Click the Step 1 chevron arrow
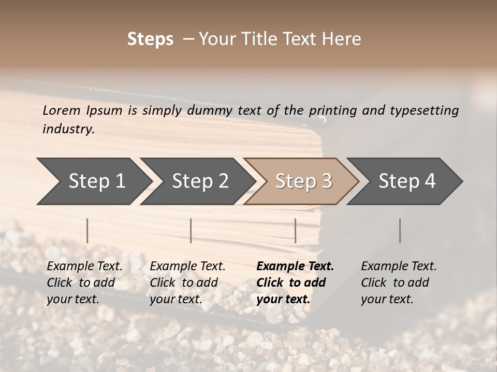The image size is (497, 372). tap(93, 181)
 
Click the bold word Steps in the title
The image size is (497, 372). tap(150, 39)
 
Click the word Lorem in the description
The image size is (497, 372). tap(61, 110)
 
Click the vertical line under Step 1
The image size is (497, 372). tap(87, 230)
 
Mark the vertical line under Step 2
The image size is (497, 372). tap(191, 230)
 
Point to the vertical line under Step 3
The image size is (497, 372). tap(295, 230)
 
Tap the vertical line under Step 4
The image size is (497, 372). tap(400, 230)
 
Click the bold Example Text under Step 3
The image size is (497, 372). tap(295, 266)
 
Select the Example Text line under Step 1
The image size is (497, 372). tap(84, 266)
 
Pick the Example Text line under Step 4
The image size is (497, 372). tap(399, 266)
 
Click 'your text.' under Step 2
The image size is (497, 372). tap(176, 299)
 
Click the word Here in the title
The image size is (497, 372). tap(344, 39)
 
